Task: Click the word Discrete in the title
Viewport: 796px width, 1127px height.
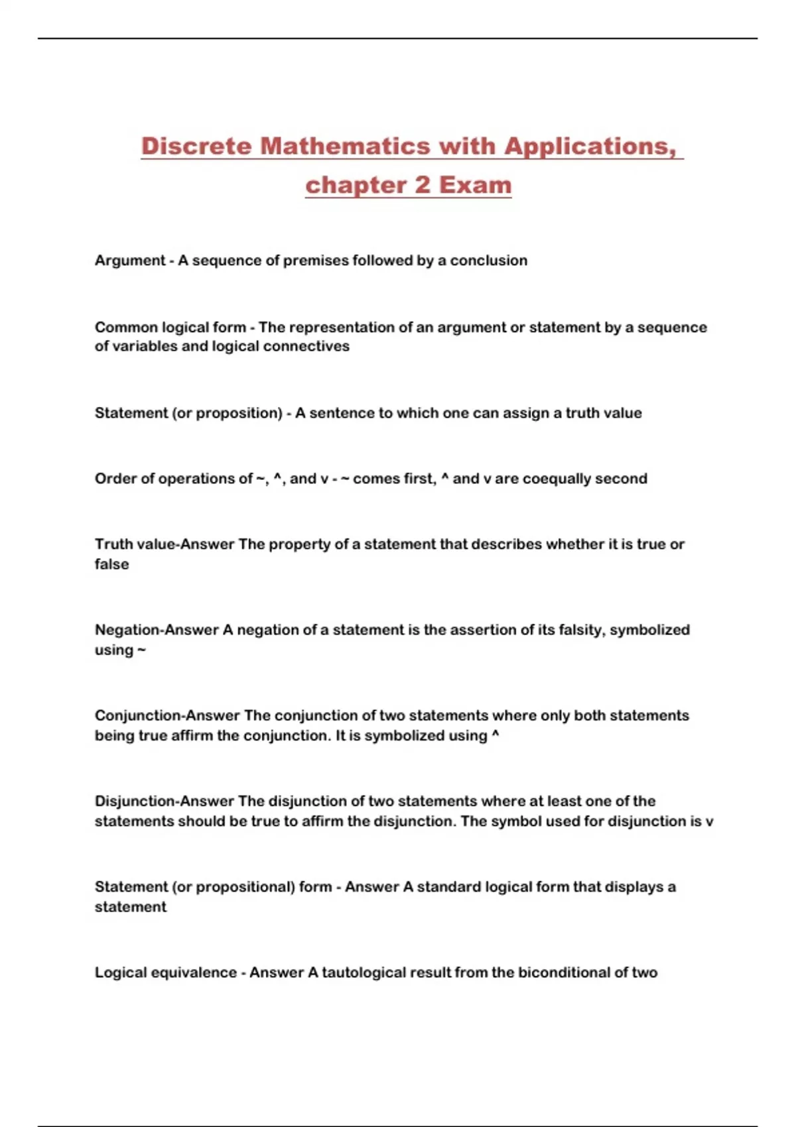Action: [x=196, y=147]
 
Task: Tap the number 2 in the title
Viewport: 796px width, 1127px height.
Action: [x=423, y=185]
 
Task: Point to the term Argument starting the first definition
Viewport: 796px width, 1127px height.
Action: [x=129, y=261]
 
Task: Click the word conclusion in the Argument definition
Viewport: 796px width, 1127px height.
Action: [x=488, y=261]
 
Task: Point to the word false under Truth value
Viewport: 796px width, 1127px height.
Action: [x=111, y=564]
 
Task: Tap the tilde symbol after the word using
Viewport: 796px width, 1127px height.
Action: [x=141, y=650]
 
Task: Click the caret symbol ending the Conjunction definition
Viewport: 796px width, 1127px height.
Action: [x=496, y=735]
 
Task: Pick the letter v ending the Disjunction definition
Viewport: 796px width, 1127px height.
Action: [x=709, y=821]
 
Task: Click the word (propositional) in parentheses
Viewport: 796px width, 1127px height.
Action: [x=245, y=887]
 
